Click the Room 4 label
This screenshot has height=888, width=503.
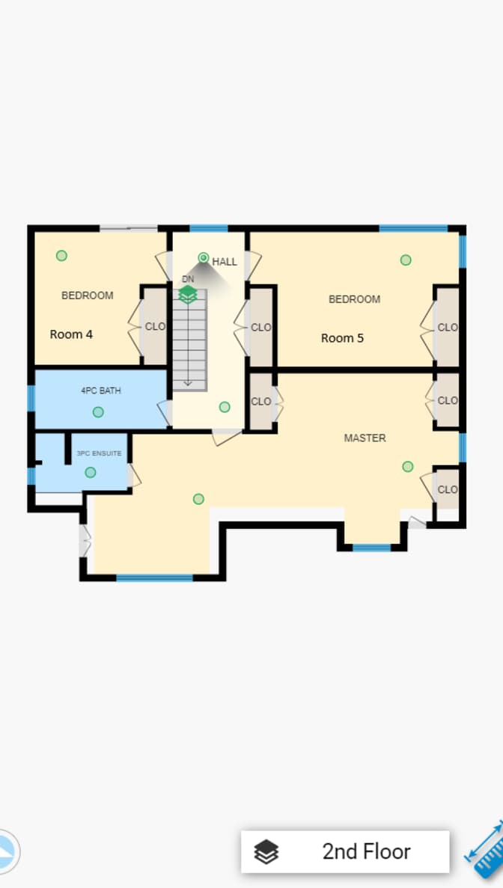[71, 334]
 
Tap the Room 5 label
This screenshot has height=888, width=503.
[342, 338]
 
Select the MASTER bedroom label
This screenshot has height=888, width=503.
[365, 438]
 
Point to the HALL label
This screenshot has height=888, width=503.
[225, 262]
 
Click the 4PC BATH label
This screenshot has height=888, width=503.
[101, 391]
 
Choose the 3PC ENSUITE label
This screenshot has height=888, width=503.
[99, 453]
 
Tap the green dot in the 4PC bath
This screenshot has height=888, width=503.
[98, 411]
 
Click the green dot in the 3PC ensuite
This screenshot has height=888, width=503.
[90, 472]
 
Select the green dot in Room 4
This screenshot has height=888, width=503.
[61, 255]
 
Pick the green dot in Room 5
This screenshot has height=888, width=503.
[406, 260]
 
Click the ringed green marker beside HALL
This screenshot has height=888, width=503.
[204, 257]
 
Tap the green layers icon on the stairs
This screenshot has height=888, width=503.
[187, 295]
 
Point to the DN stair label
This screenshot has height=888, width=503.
[188, 279]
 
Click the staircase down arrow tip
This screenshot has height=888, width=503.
[188, 386]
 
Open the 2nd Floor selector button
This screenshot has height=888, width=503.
[345, 851]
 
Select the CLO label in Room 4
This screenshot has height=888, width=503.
[155, 326]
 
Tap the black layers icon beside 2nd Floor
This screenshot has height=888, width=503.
[266, 852]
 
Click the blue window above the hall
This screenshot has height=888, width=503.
[208, 228]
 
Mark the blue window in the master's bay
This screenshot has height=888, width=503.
[371, 548]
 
